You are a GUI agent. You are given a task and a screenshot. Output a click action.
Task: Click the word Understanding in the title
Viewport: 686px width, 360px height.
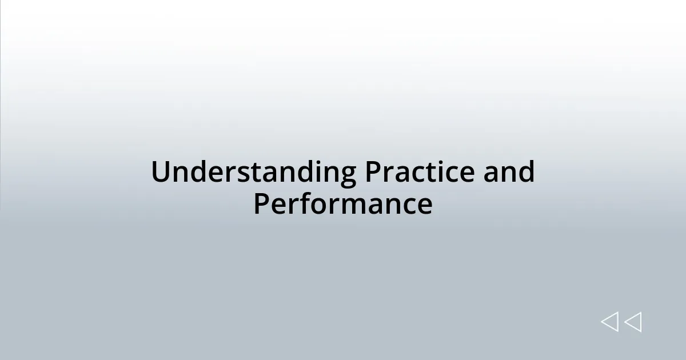[253, 172]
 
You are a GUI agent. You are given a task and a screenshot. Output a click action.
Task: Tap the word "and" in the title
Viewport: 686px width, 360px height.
[509, 172]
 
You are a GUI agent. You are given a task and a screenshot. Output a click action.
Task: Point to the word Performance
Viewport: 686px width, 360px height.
[342, 204]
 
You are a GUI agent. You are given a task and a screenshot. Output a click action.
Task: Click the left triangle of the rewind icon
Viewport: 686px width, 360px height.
[609, 322]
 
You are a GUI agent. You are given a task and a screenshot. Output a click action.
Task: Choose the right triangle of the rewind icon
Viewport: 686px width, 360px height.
[633, 322]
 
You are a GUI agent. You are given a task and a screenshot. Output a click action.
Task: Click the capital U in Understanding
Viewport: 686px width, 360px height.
[161, 172]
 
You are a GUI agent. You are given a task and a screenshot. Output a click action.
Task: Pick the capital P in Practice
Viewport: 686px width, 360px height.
[373, 172]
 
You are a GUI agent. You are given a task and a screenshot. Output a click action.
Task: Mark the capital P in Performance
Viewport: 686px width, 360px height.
[262, 204]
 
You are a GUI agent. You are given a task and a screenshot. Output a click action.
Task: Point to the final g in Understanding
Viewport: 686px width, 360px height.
[346, 174]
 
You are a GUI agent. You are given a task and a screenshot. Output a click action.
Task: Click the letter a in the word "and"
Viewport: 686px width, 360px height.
[491, 174]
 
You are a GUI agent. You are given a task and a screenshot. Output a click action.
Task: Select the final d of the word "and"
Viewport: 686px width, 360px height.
[527, 172]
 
